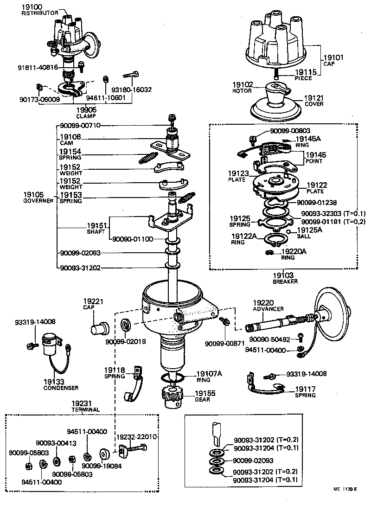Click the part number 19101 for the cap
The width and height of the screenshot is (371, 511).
click(x=333, y=58)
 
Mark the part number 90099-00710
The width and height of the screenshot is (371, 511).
click(x=80, y=126)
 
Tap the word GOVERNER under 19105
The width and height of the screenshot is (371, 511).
click(x=36, y=201)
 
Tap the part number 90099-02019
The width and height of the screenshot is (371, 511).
click(x=125, y=342)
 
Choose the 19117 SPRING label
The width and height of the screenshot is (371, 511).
click(x=305, y=392)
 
